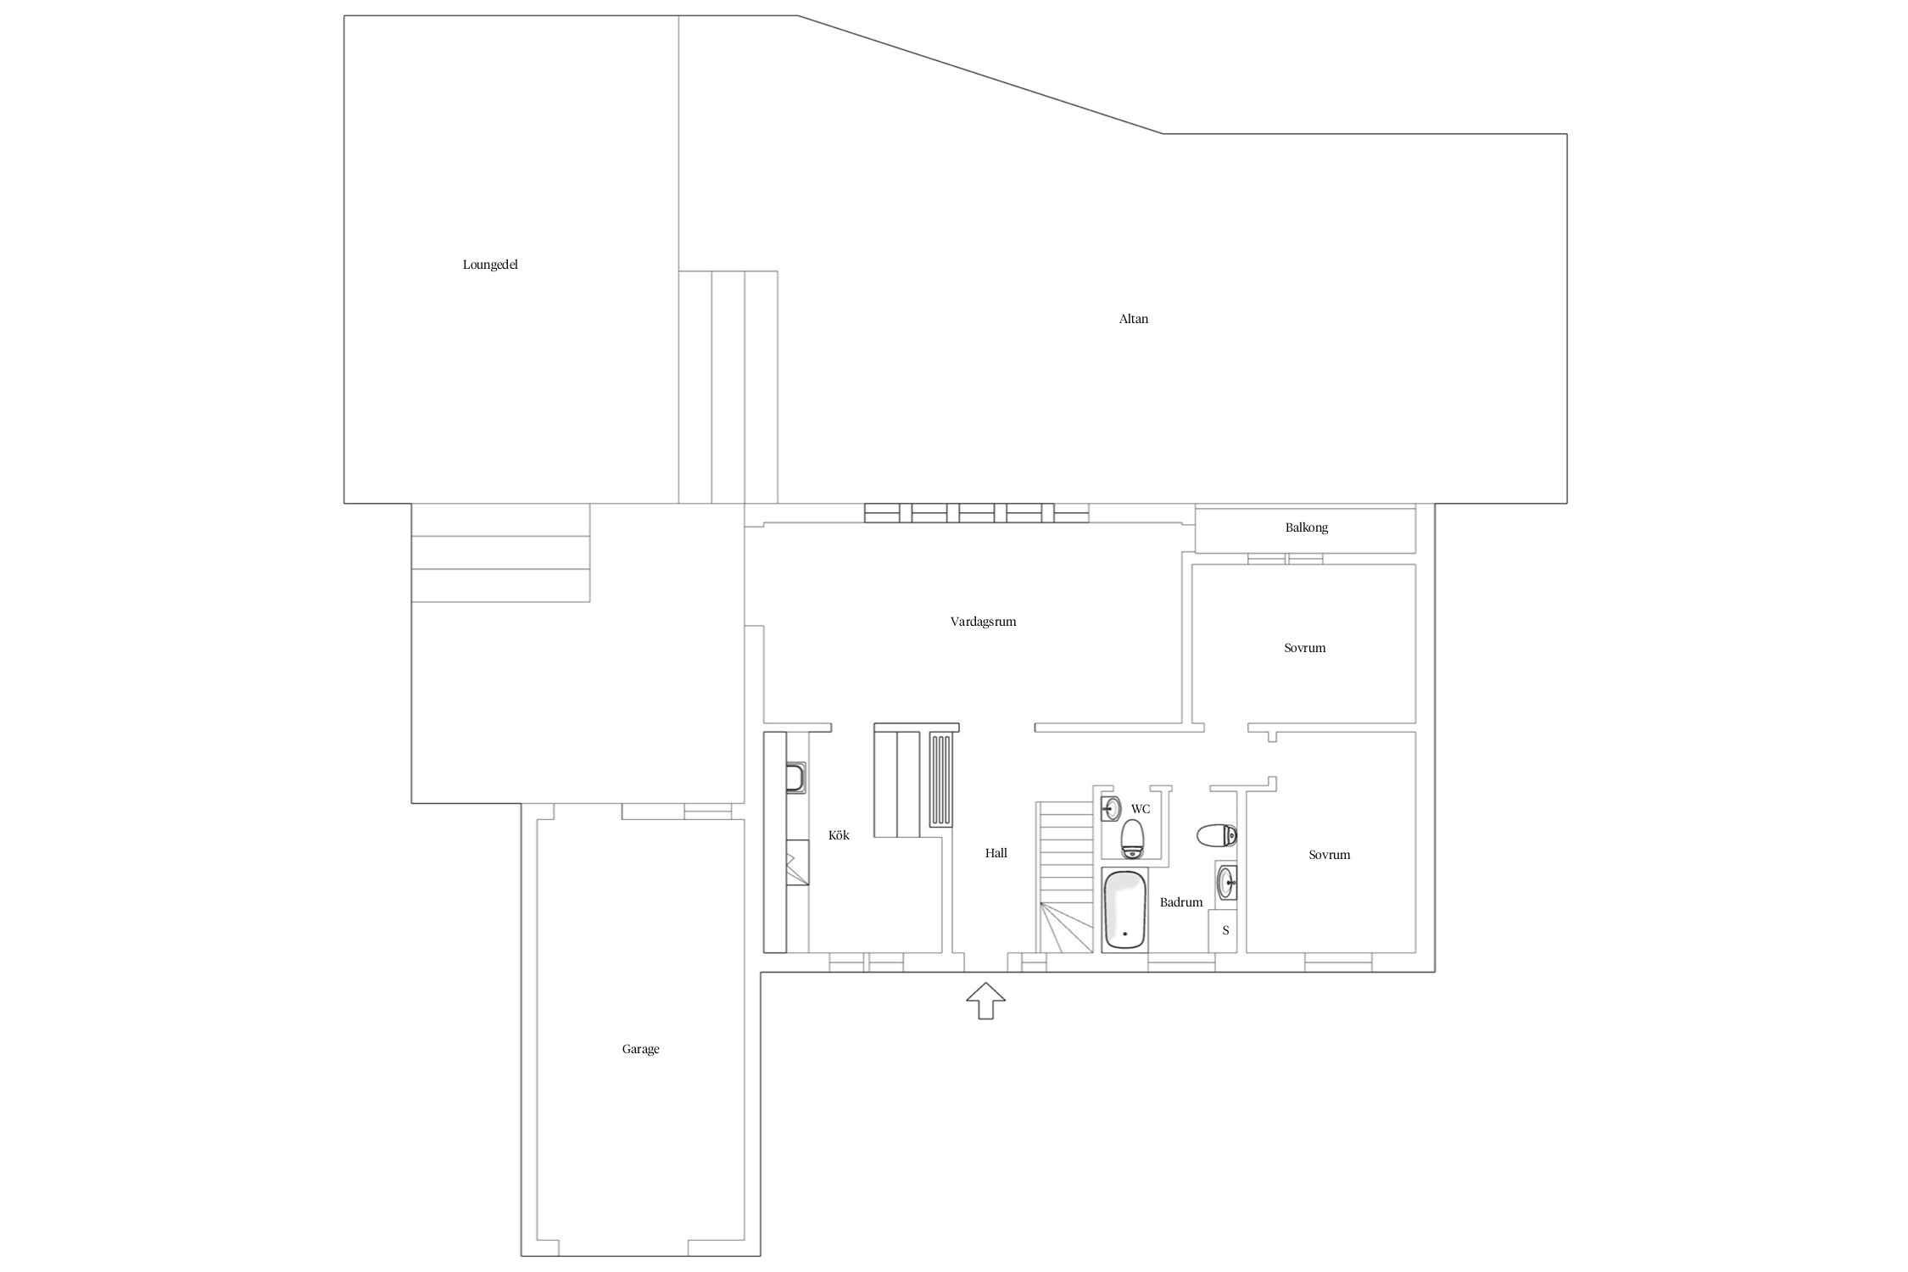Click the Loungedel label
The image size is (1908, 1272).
coord(490,265)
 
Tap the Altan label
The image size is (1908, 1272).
coord(1134,319)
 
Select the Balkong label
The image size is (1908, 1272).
coord(1306,527)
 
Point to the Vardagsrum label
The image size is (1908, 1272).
coord(983,622)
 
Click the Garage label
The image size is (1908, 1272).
coord(640,1049)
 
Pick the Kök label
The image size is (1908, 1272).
coord(839,835)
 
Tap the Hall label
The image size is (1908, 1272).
coord(996,853)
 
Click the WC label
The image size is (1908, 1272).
coord(1141,809)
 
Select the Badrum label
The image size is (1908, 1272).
coord(1181,902)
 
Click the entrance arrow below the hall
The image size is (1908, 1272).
coord(985,1001)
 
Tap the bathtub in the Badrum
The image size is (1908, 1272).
coord(1124,910)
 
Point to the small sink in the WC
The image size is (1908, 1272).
coord(1110,808)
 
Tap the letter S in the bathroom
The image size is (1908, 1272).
coord(1225,930)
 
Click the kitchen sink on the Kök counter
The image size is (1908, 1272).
coord(795,777)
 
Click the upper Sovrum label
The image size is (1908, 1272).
coord(1304,648)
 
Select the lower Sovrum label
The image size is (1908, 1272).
coord(1329,855)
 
